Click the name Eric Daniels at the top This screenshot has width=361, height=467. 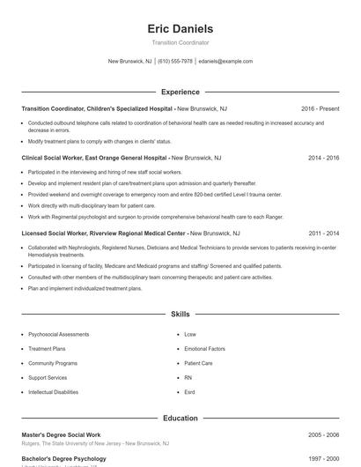tap(180, 29)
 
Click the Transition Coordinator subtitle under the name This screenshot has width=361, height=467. tap(180, 42)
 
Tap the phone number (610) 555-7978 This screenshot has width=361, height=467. tap(175, 62)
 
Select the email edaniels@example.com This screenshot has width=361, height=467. tap(225, 62)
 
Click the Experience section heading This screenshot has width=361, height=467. tap(180, 92)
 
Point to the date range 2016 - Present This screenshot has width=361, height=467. tap(320, 108)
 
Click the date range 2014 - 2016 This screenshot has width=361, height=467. tap(323, 158)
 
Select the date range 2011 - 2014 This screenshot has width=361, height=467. tap(323, 233)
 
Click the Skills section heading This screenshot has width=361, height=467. tap(180, 314)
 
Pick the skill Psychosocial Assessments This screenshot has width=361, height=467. tap(59, 335)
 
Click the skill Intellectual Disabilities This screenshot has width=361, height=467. tap(58, 391)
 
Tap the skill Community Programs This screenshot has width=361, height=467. tap(53, 363)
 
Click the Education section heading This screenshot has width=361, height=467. tap(180, 418)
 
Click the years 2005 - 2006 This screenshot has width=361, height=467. tap(323, 435)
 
